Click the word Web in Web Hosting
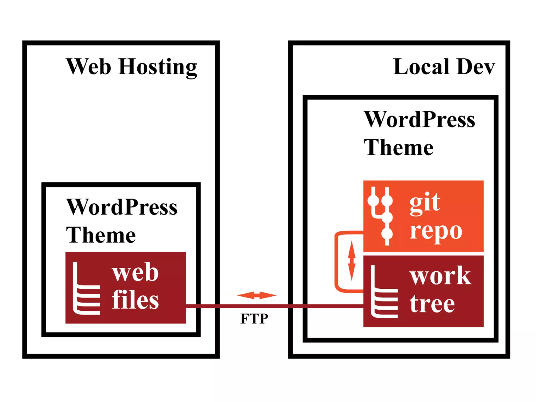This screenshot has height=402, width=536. pyautogui.click(x=88, y=67)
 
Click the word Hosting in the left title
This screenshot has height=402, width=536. pyautogui.click(x=158, y=67)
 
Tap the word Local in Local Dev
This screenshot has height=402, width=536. pyautogui.click(x=421, y=67)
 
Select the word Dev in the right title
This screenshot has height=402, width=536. pyautogui.click(x=476, y=67)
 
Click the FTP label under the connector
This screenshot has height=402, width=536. pyautogui.click(x=254, y=319)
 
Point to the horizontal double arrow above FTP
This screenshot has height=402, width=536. pyautogui.click(x=256, y=295)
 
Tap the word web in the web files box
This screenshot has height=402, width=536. pyautogui.click(x=135, y=272)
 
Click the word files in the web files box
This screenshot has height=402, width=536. pyautogui.click(x=135, y=300)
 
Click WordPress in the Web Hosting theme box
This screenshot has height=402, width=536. pyautogui.click(x=122, y=207)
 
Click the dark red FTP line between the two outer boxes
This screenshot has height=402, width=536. pyautogui.click(x=254, y=306)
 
